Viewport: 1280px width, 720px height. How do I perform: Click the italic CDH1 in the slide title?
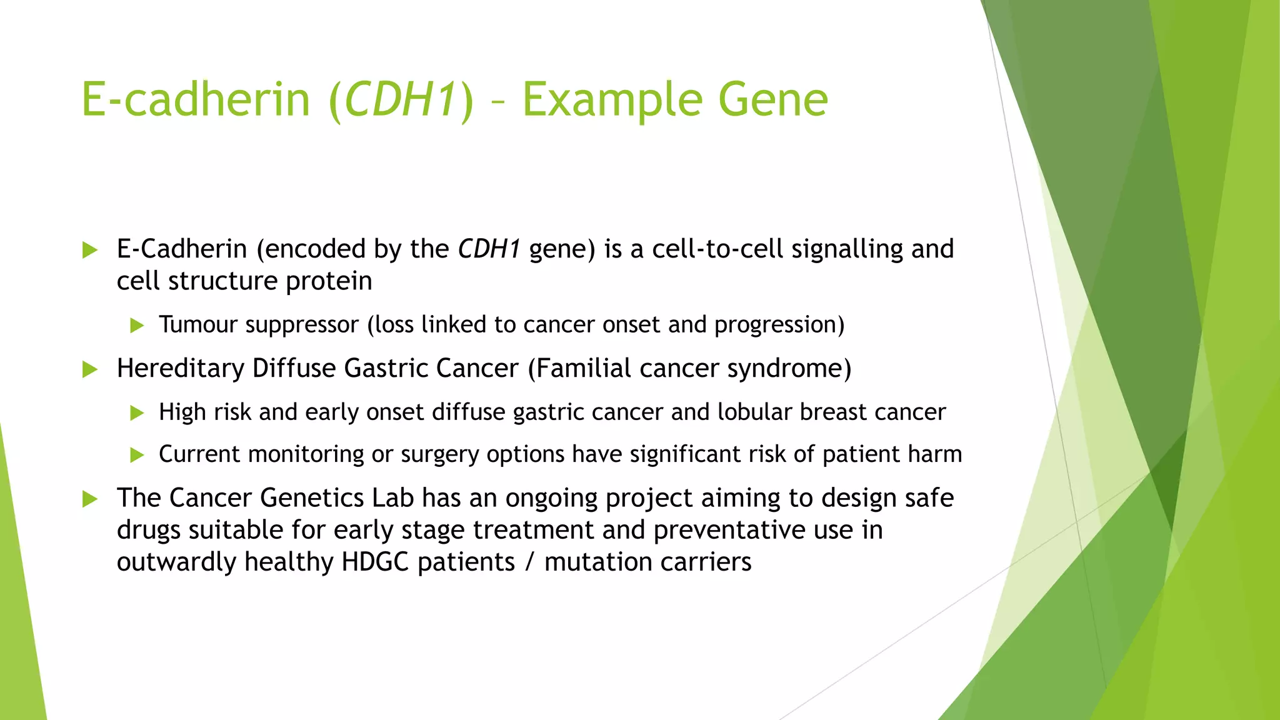tap(399, 100)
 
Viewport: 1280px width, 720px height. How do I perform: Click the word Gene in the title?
tap(773, 100)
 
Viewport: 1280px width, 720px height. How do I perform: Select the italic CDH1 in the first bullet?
tap(489, 249)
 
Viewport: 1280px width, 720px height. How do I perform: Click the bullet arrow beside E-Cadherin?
tap(90, 251)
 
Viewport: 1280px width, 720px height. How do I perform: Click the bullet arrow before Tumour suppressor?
tap(137, 326)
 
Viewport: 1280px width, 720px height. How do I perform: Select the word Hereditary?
tap(180, 369)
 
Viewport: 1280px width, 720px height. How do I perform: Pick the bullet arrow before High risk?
tap(137, 413)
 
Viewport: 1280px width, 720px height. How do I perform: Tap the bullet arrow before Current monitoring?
tap(137, 455)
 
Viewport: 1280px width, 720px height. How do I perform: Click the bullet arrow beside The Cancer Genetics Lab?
tap(90, 499)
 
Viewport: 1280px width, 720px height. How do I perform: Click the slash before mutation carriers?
tap(530, 562)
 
